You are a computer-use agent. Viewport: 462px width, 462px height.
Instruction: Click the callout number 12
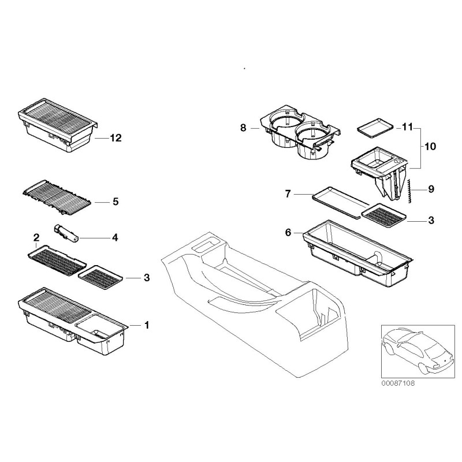coord(115,137)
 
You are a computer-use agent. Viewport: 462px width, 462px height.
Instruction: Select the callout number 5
coord(115,202)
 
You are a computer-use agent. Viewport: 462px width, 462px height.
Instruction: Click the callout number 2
coord(36,237)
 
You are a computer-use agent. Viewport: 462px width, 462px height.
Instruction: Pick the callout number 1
coord(146,325)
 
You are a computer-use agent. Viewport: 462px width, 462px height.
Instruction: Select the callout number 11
coord(408,126)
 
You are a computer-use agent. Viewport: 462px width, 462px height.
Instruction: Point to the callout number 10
coord(430,147)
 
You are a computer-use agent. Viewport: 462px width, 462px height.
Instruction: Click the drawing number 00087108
coord(398,383)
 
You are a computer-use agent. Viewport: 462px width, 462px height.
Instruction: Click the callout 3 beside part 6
coord(431,221)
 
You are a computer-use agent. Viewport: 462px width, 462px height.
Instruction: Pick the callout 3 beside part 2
coord(146,278)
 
